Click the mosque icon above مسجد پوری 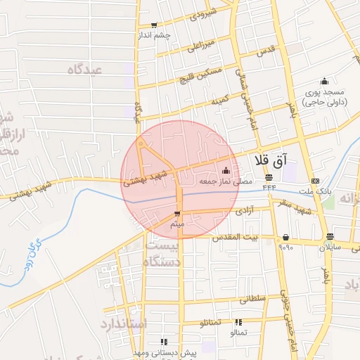[324, 81]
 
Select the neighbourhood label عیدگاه [85, 70]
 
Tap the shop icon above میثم [177, 213]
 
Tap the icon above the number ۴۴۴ [269, 177]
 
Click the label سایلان [330, 247]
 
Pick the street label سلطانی [253, 299]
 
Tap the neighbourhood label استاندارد [122, 324]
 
